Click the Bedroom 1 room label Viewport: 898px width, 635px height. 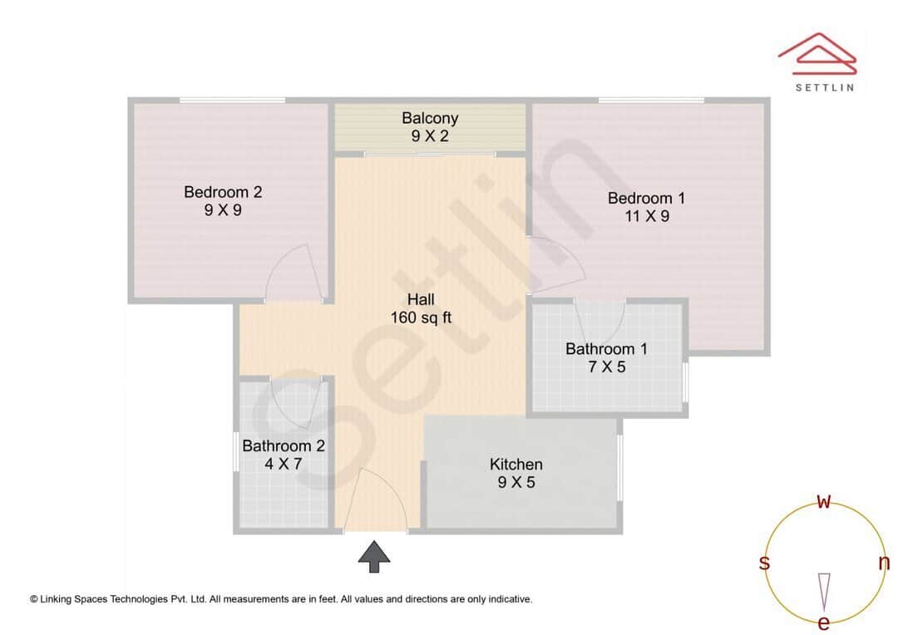tap(646, 198)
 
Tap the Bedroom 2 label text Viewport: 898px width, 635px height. tap(223, 192)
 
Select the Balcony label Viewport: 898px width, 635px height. tap(430, 118)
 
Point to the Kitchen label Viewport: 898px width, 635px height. tap(516, 464)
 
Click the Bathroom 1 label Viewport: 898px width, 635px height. tap(606, 348)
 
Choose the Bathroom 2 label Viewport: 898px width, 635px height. tap(283, 445)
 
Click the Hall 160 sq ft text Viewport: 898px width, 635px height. tap(421, 308)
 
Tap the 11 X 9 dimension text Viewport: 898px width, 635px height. tap(647, 216)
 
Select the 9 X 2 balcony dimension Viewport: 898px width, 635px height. tap(430, 136)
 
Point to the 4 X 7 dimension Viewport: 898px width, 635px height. tap(283, 464)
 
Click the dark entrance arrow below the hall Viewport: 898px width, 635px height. tap(374, 555)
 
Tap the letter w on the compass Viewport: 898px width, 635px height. tap(824, 501)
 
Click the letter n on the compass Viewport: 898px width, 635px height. tap(884, 563)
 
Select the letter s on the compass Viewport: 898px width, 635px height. tap(764, 563)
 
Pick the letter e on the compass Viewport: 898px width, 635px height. tap(824, 623)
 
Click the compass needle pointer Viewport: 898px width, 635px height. tap(824, 590)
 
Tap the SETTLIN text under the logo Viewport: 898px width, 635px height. tap(825, 86)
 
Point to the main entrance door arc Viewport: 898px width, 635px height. tap(376, 499)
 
